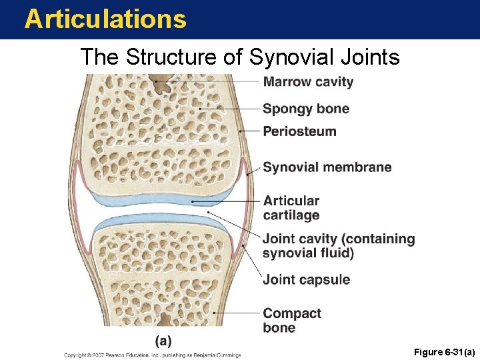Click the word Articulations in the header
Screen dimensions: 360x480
point(105,19)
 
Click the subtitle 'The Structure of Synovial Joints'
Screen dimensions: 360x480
point(239,57)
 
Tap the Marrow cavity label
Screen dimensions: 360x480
point(308,82)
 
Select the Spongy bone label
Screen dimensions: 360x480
point(305,109)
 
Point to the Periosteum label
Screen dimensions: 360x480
point(299,131)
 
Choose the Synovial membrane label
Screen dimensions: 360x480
point(327,167)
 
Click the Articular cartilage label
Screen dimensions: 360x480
point(291,207)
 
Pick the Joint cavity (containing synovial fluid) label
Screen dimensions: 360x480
point(338,245)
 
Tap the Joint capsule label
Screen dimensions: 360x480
point(306,279)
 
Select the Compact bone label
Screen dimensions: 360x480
point(291,320)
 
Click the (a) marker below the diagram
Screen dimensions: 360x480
point(163,341)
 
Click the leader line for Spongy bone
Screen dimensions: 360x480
point(230,109)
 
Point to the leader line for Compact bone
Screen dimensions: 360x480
point(237,312)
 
